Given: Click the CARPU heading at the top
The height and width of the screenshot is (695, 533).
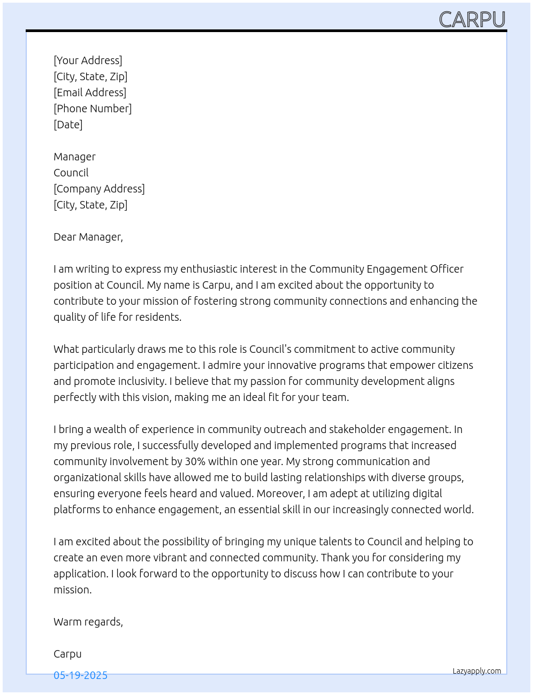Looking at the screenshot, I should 472,20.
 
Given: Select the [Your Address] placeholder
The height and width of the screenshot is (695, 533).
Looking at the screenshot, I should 88,60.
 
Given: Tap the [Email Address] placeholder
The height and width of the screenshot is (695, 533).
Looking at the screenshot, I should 90,92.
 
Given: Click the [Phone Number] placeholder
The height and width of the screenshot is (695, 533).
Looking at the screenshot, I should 93,109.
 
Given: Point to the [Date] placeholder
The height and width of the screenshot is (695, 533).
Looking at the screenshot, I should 68,125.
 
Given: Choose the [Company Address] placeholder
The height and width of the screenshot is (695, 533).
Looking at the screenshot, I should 99,189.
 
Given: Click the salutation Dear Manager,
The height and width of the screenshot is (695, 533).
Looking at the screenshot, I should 88,237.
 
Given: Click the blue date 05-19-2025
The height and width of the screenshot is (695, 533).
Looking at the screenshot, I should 80,675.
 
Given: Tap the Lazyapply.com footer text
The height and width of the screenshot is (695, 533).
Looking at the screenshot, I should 477,671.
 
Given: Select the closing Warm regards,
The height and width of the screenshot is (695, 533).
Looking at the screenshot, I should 88,622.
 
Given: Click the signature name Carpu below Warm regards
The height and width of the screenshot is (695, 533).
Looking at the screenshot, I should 67,654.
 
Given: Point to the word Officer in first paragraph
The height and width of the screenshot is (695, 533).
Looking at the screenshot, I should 446,269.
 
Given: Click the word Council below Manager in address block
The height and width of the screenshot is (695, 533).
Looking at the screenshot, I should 71,173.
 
